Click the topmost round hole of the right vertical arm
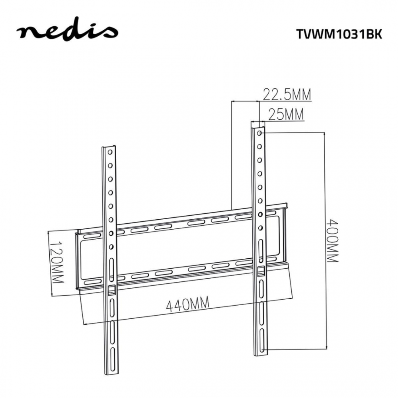click(260, 133)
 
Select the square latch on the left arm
click(111, 290)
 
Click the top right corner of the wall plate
click(287, 205)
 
